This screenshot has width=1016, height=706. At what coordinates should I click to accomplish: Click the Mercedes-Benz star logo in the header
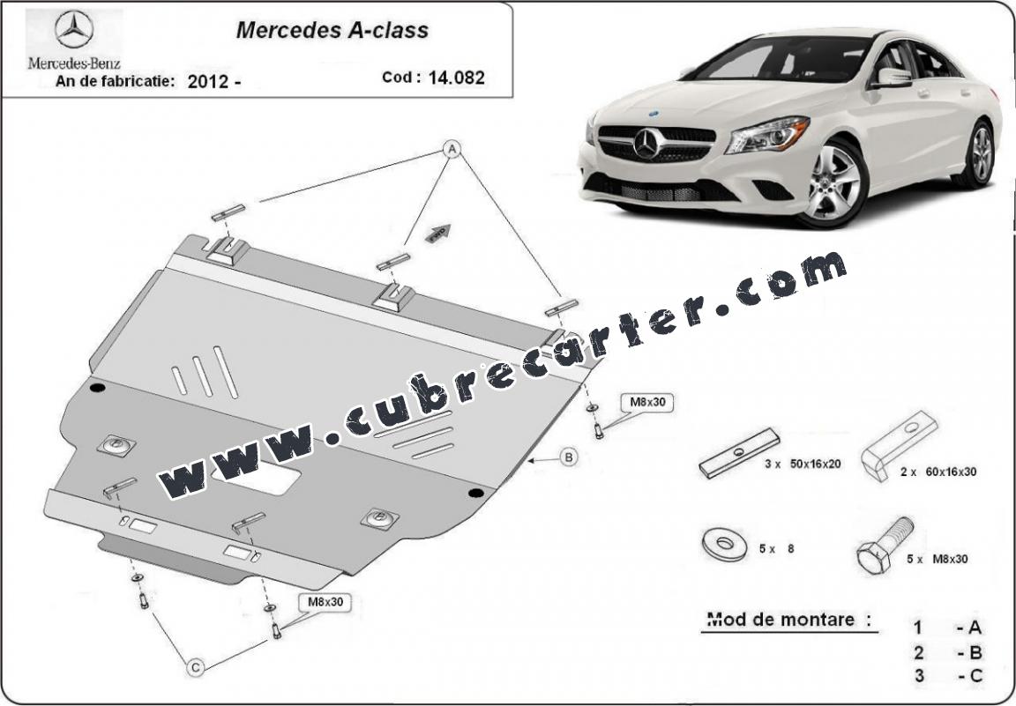[x=74, y=29]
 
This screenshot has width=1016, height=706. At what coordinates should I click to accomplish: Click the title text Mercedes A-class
[x=332, y=30]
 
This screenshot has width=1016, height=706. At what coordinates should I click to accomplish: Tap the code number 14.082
[x=456, y=78]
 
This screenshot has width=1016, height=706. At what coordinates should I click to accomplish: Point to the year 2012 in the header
[x=208, y=82]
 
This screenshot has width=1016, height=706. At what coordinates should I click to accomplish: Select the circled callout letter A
[x=451, y=150]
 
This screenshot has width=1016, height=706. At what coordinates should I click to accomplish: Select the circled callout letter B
[x=568, y=458]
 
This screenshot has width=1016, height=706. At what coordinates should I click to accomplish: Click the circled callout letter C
[x=195, y=667]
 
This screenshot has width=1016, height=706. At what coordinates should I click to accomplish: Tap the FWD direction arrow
[x=438, y=233]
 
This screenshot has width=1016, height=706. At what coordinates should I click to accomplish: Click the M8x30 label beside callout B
[x=648, y=402]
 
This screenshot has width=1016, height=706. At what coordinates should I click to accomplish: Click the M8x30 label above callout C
[x=325, y=602]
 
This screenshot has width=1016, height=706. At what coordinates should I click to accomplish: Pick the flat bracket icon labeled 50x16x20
[x=739, y=452]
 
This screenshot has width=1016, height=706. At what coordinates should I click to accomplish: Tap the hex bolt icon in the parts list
[x=885, y=546]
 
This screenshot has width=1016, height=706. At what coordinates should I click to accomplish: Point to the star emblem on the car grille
[x=646, y=144]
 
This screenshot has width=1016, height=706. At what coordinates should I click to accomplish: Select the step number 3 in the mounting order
[x=919, y=676]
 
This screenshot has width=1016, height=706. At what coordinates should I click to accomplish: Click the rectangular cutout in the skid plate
[x=256, y=479]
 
